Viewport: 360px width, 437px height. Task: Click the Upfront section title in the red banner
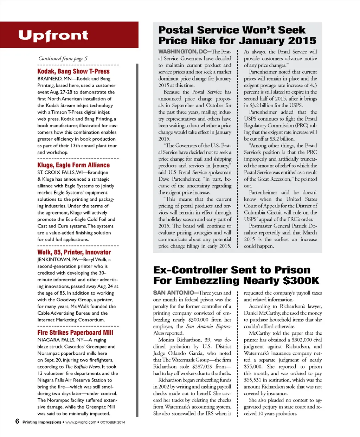point(53,36)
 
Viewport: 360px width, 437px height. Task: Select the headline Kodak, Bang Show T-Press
point(73,71)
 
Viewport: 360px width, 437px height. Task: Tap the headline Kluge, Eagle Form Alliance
point(73,165)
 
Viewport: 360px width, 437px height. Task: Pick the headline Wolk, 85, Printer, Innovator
point(74,252)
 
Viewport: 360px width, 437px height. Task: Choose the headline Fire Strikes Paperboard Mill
point(75,333)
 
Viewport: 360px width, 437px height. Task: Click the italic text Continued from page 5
point(63,58)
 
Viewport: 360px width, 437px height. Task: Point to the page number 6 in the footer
point(17,421)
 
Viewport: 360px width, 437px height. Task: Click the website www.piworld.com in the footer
point(81,422)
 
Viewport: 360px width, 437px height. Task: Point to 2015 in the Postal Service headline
point(301,41)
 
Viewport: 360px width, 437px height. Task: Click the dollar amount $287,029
point(201,366)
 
